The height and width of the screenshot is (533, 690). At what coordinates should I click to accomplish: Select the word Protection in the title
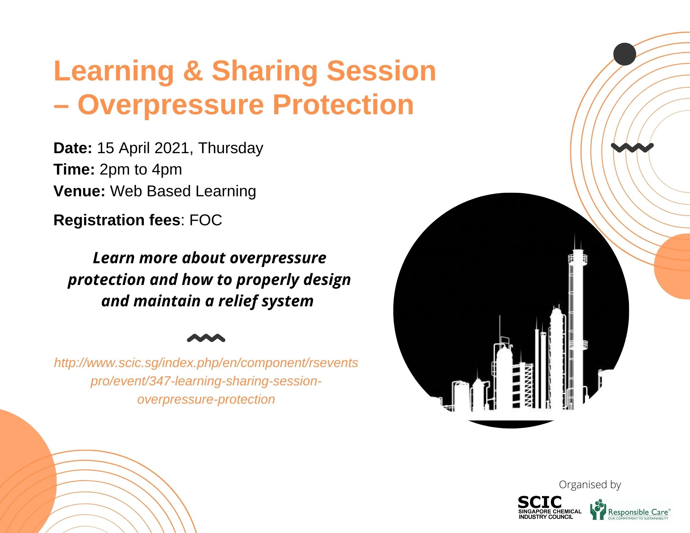[x=343, y=105]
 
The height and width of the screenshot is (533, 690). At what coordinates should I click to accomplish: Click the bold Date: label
[x=73, y=148]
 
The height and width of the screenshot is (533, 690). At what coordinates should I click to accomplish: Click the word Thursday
[x=230, y=149]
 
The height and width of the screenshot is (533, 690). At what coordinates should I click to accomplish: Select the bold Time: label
[x=74, y=169]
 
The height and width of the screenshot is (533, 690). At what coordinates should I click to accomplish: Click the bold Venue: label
[x=79, y=191]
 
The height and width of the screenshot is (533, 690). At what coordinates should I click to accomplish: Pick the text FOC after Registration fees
[x=206, y=220]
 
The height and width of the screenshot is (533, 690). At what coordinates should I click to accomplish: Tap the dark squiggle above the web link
[x=206, y=338]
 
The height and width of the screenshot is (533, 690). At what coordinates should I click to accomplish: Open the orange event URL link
[x=206, y=381]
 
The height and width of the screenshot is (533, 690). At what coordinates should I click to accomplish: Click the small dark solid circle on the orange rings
[x=625, y=54]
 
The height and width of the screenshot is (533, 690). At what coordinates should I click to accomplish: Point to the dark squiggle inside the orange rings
[x=632, y=148]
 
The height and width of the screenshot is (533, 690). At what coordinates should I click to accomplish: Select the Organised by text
[x=590, y=485]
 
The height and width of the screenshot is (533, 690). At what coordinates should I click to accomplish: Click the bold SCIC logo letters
[x=540, y=502]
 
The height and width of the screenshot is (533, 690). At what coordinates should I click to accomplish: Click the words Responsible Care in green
[x=638, y=512]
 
